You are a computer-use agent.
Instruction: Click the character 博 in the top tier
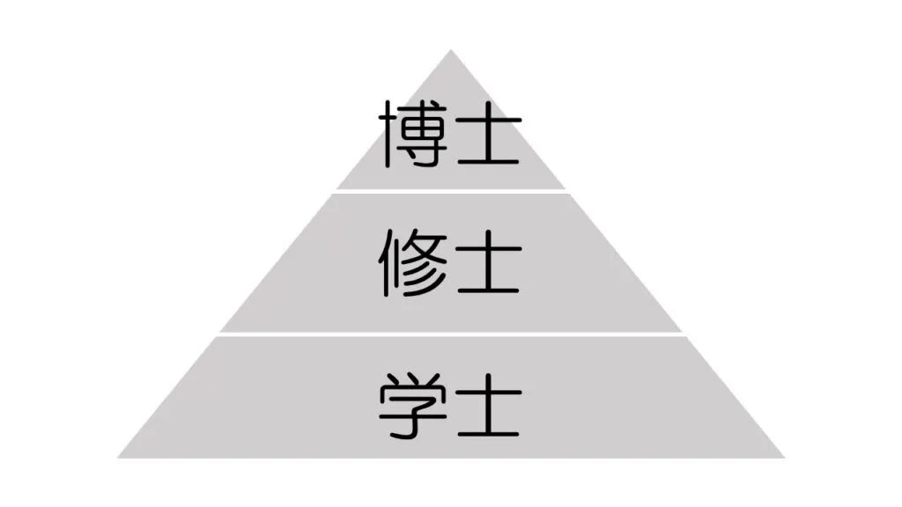[413, 134]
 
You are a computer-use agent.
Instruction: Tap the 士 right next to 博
[487, 134]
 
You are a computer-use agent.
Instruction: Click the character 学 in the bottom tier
[413, 406]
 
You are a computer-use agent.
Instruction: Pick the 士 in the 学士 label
[487, 406]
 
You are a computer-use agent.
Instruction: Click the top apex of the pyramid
[451, 51]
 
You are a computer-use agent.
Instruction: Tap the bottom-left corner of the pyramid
[120, 457]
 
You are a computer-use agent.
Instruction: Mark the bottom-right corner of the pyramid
[782, 457]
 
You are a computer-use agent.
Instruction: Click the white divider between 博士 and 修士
[451, 191]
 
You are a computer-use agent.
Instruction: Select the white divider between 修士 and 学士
[451, 334]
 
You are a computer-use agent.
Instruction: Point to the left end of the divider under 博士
[337, 191]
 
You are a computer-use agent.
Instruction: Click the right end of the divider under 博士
[566, 191]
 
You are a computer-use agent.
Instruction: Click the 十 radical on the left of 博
[390, 134]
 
